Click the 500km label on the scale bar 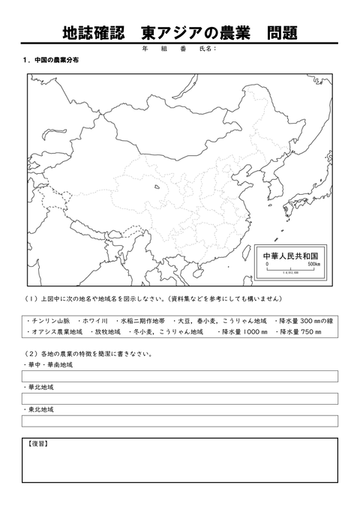click(314, 265)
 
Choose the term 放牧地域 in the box click(106, 331)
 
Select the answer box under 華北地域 click(180, 399)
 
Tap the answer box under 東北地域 click(180, 421)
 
